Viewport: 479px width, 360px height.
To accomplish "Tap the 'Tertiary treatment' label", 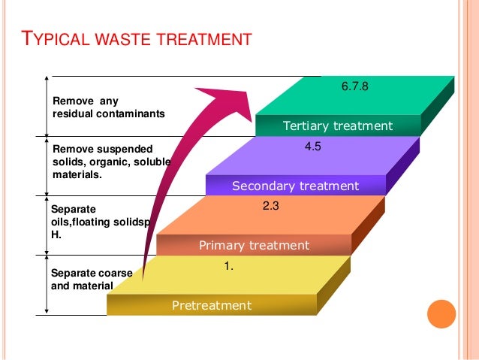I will point(337,126).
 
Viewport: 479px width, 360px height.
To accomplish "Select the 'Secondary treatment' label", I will point(295,186).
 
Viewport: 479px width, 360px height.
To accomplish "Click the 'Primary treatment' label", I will point(254,245).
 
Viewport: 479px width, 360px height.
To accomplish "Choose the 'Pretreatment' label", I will point(212,305).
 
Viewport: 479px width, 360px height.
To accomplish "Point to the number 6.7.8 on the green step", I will point(354,87).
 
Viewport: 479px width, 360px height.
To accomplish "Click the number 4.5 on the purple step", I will point(312,147).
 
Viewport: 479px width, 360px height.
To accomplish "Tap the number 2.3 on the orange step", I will point(270,202).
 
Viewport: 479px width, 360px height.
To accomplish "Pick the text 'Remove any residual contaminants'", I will point(107,107).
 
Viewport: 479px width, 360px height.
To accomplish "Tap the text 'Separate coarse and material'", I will point(82,280).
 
